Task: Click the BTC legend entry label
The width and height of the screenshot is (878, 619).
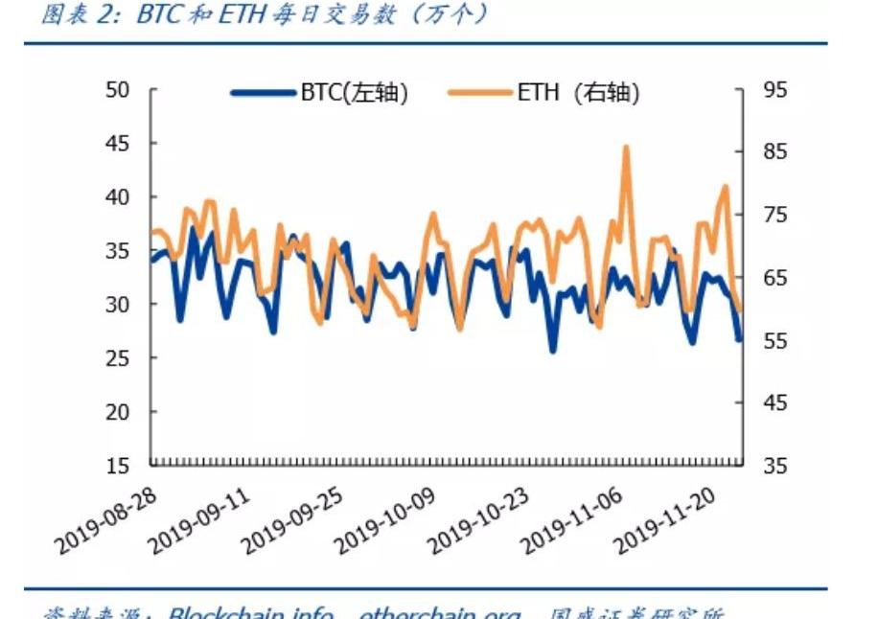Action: (355, 93)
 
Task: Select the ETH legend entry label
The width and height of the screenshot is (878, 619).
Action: (577, 93)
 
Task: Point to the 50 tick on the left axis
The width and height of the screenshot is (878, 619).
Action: (117, 90)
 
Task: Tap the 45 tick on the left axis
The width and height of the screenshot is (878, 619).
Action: (117, 144)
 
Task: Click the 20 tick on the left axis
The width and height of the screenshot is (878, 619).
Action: (117, 412)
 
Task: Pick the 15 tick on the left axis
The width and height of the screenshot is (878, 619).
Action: (117, 467)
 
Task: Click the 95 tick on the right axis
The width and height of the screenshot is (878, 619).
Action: (775, 90)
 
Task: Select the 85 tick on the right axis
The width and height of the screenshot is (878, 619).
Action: (775, 152)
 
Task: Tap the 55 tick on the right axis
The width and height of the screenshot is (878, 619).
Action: (775, 341)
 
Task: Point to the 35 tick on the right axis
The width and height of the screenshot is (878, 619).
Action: (775, 467)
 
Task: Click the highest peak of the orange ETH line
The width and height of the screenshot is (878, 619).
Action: (626, 148)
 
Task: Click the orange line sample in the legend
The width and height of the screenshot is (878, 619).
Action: (480, 93)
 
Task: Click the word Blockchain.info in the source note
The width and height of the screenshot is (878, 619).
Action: (251, 613)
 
